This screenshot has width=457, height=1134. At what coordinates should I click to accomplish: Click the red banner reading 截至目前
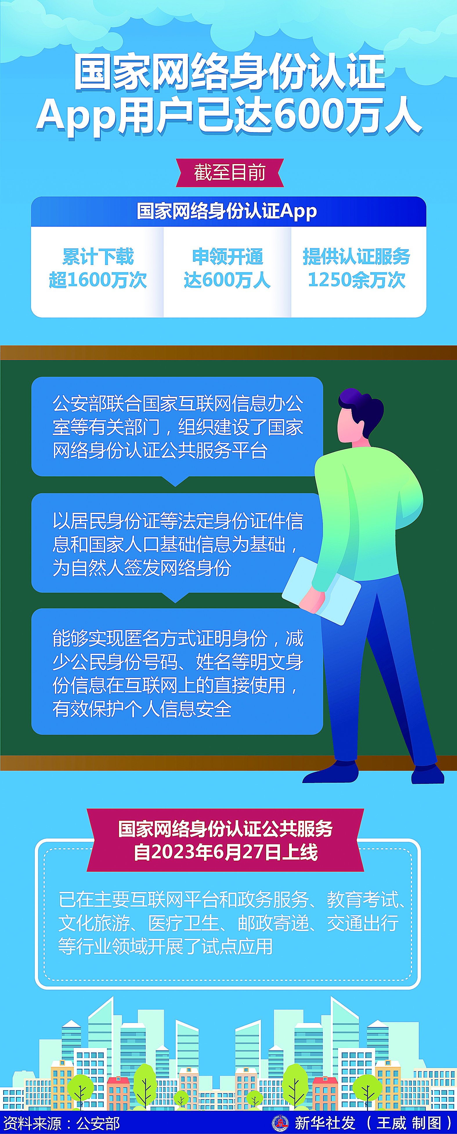(x=229, y=172)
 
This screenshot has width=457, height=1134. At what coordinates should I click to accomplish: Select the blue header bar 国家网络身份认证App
(x=228, y=211)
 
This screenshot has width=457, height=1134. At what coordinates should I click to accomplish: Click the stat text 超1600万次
(x=97, y=280)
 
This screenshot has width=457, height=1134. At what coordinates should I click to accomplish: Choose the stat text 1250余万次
(x=357, y=280)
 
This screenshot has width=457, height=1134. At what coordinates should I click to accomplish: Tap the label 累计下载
(x=98, y=257)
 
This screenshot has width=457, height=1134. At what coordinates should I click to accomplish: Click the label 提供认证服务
(x=357, y=257)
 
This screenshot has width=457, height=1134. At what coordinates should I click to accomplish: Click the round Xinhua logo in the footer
(x=280, y=1123)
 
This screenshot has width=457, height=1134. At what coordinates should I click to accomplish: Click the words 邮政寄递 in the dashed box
(x=273, y=923)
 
